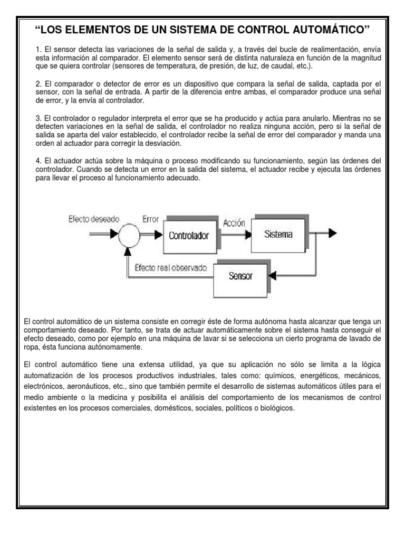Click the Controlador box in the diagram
click(188, 236)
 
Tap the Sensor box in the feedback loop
click(240, 276)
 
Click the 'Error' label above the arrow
click(150, 219)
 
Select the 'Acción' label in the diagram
click(234, 222)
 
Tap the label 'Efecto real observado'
click(170, 268)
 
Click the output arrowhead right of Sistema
click(332, 234)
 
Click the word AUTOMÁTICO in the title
click(324, 27)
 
